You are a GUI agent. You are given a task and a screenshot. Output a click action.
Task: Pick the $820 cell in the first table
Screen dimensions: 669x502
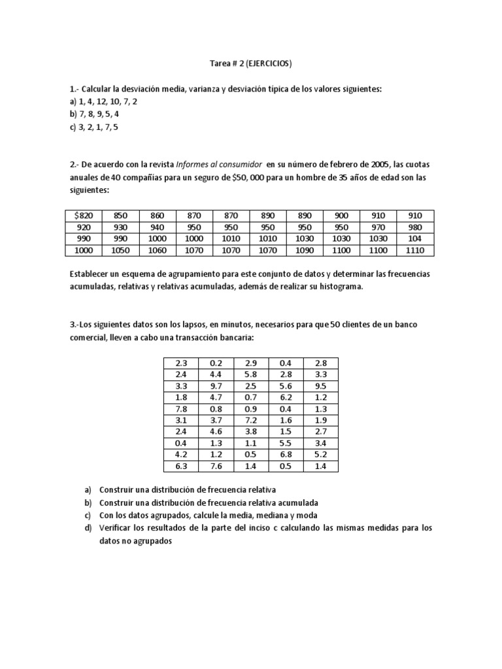tap(84, 215)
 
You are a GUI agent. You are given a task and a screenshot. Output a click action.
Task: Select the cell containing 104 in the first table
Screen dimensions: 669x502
tap(414, 238)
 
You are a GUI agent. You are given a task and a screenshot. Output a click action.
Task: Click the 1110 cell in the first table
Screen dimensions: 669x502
tap(414, 250)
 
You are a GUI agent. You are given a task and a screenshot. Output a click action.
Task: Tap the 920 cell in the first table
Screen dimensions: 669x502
tap(84, 227)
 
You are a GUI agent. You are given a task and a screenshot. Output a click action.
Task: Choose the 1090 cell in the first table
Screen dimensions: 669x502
tap(305, 250)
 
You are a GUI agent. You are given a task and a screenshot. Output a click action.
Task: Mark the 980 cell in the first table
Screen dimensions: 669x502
tap(414, 227)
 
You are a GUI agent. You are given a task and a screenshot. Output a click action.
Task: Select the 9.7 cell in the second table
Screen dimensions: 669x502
tap(215, 385)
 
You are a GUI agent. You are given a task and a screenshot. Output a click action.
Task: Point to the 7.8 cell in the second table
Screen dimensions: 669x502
tap(181, 409)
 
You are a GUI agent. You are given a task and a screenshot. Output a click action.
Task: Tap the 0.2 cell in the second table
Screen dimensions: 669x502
tap(215, 362)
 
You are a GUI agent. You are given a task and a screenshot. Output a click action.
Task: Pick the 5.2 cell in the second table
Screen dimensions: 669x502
tap(320, 455)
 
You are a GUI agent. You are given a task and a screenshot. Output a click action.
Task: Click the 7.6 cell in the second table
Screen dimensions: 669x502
tap(215, 466)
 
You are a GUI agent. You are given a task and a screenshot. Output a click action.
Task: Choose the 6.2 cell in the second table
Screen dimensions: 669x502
tap(286, 397)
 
